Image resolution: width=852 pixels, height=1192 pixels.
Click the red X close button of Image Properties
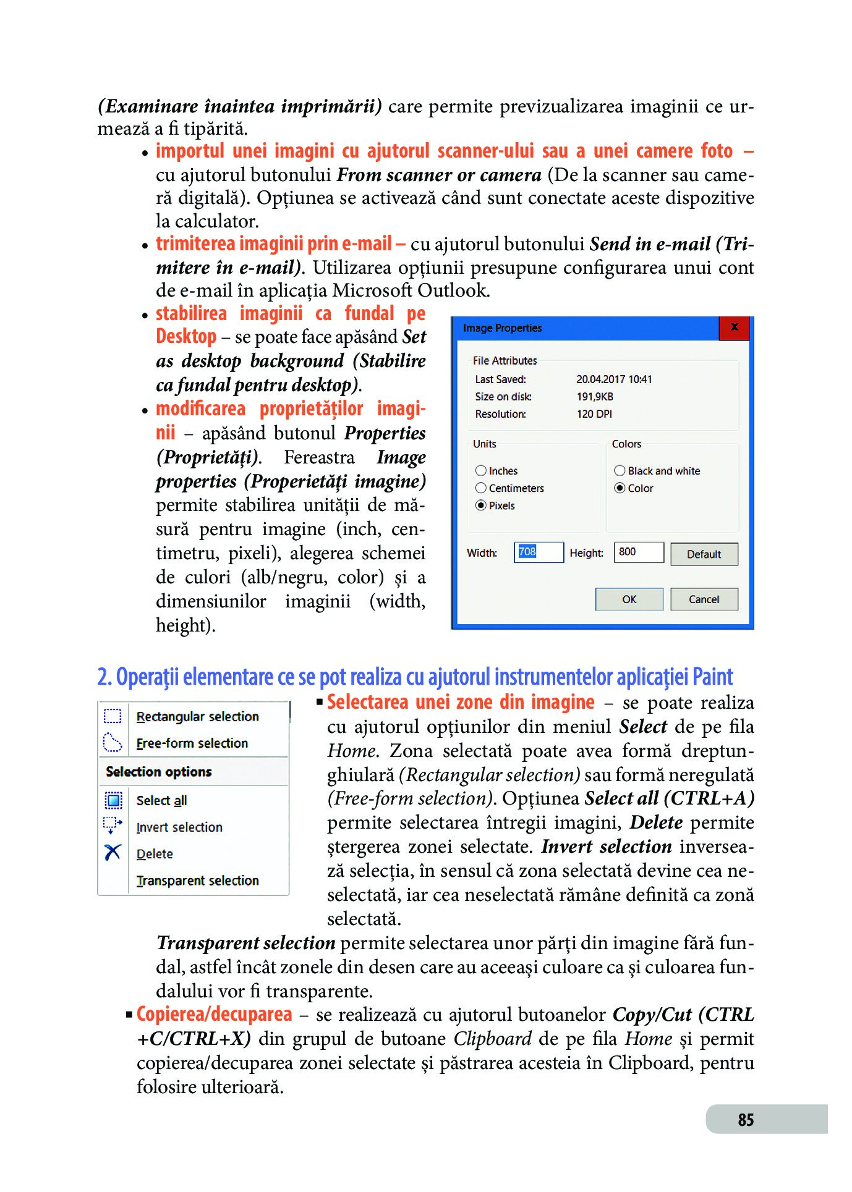(x=734, y=328)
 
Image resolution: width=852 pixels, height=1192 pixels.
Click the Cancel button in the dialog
(x=704, y=599)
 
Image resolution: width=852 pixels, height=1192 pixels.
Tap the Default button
(x=704, y=554)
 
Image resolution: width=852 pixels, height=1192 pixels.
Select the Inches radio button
(x=481, y=471)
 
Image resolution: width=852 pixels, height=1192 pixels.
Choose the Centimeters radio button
(x=481, y=488)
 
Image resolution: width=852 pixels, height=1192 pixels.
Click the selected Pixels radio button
(x=481, y=505)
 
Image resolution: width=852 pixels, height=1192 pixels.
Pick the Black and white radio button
(x=620, y=471)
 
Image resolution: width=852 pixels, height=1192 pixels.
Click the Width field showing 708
(x=539, y=552)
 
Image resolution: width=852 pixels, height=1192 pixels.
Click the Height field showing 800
(x=639, y=552)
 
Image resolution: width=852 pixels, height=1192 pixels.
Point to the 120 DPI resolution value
(x=594, y=414)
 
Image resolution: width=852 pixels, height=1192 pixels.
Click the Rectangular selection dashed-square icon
(x=113, y=716)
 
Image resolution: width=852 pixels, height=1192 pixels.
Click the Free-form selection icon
(x=113, y=742)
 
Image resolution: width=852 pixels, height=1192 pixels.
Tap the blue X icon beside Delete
(x=113, y=853)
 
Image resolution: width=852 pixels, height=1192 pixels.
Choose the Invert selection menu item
(x=179, y=827)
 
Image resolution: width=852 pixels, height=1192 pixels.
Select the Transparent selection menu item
(x=198, y=881)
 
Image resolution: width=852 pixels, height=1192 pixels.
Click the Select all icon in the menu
(x=113, y=800)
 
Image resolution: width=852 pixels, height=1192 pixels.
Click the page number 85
(x=746, y=1120)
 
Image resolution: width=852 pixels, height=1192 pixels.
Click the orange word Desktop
(x=186, y=337)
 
